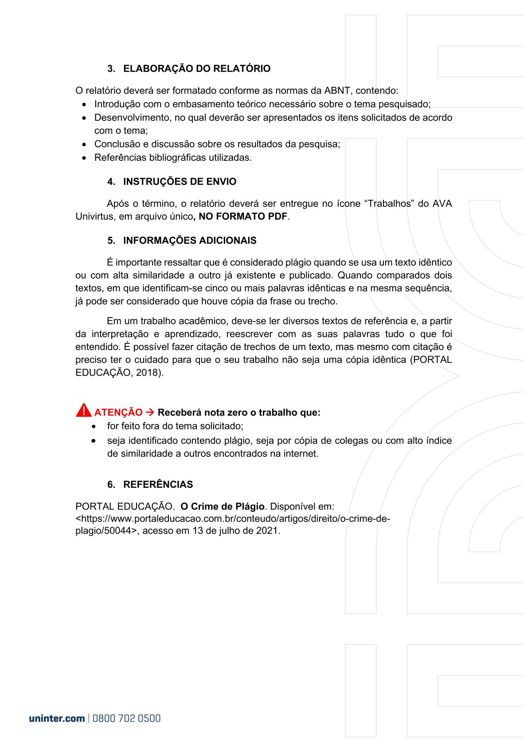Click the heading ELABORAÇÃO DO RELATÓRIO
[x=196, y=69]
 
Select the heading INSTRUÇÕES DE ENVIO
[x=180, y=182]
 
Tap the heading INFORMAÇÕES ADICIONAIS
[x=190, y=241]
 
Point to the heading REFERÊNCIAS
[x=158, y=485]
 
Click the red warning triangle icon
[x=83, y=411]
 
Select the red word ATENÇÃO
[x=118, y=412]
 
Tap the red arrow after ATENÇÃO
[x=150, y=412]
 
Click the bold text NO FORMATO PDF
[x=243, y=217]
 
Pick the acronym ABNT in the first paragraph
[x=337, y=91]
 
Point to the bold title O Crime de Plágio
[x=223, y=506]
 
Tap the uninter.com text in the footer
[x=57, y=719]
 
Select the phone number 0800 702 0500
[x=127, y=719]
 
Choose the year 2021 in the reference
[x=267, y=531]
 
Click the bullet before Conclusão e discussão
[x=85, y=144]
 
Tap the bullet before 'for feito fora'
[x=94, y=426]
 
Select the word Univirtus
[x=94, y=217]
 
